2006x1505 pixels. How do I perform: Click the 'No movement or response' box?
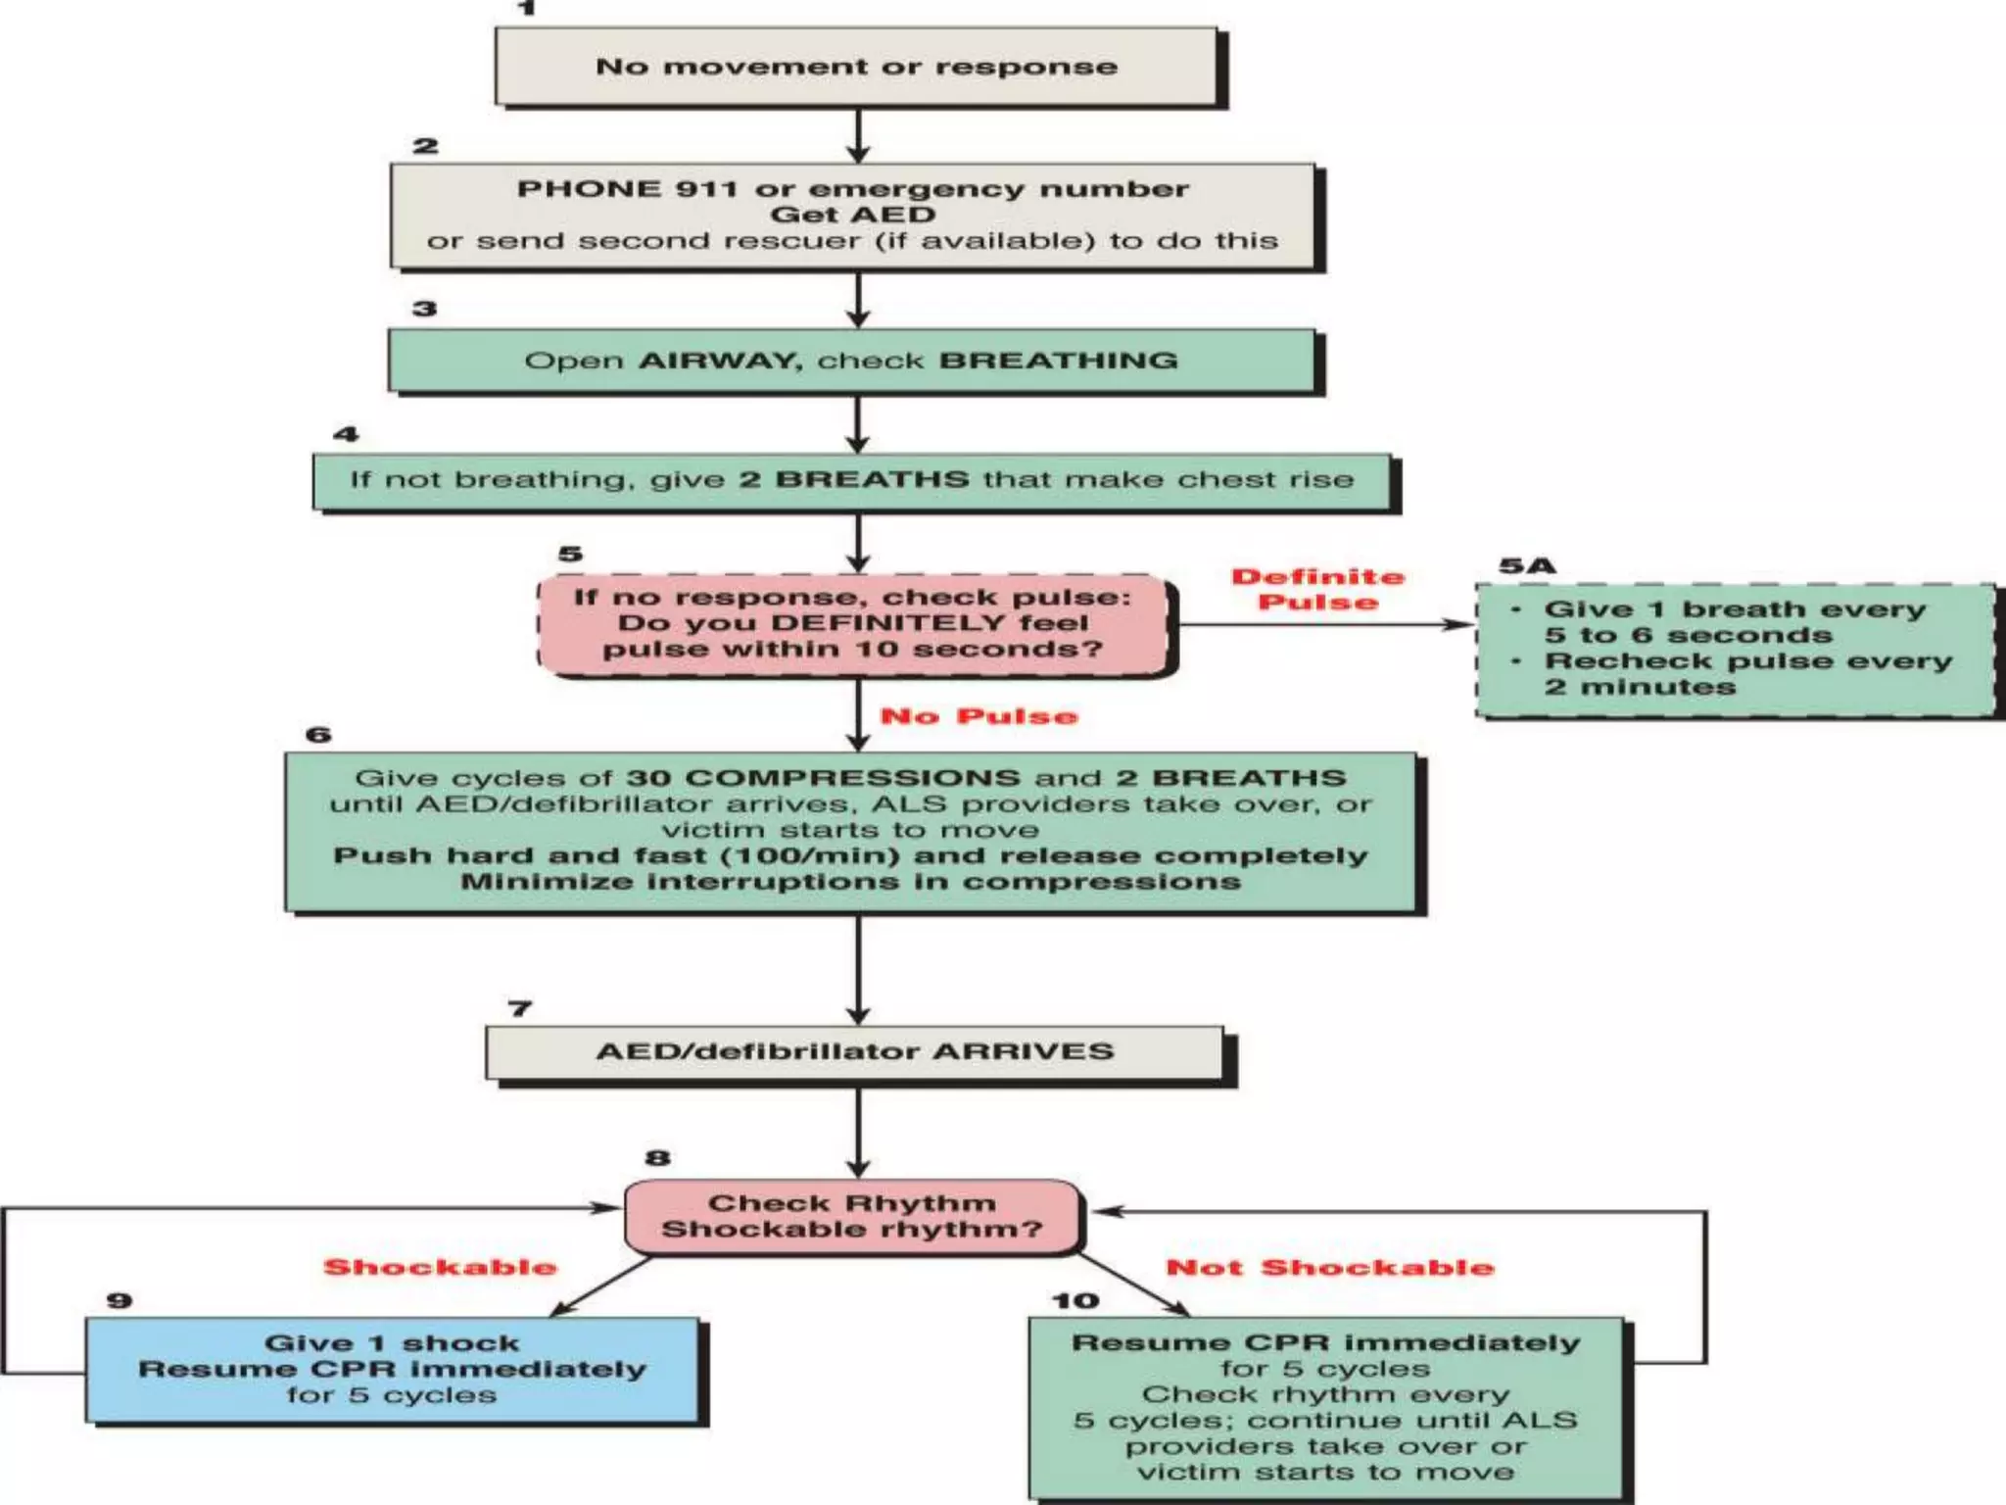click(856, 67)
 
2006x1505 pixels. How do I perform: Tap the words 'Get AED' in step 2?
click(852, 215)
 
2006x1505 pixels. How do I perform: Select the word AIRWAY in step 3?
click(720, 361)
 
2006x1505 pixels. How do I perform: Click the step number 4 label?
click(346, 434)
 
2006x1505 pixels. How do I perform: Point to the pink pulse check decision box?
click(854, 624)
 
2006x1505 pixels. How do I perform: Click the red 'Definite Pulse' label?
click(1317, 590)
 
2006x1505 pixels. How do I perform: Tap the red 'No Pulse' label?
click(978, 716)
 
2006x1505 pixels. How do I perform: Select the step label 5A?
click(1527, 565)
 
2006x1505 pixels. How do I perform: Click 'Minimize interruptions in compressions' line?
click(850, 882)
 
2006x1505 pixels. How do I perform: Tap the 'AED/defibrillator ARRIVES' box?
click(854, 1052)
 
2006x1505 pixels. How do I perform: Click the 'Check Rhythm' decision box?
click(852, 1216)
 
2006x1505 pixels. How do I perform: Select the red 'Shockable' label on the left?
click(440, 1267)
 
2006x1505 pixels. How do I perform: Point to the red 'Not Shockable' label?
click(1329, 1268)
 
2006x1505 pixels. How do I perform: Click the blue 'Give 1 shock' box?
click(392, 1369)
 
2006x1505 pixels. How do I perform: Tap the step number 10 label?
click(1075, 1301)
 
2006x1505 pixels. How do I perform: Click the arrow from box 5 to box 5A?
click(1322, 624)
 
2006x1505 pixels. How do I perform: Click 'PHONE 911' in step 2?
click(626, 189)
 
